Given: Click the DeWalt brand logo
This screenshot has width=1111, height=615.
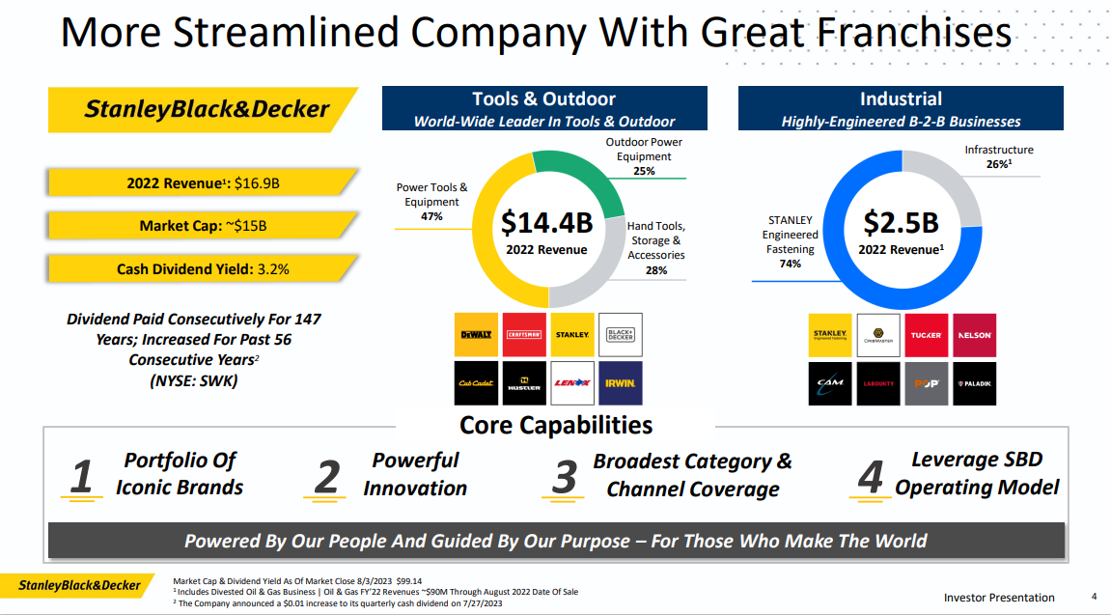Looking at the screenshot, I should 476,334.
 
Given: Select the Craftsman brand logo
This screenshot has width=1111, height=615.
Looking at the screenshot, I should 524,334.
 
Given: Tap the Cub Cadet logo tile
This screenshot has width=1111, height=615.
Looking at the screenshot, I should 476,383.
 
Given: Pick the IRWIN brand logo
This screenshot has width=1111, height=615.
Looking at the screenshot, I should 620,383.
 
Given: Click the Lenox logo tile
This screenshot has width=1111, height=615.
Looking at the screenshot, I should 572,383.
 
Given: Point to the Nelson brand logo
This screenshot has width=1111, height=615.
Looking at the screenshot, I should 975,335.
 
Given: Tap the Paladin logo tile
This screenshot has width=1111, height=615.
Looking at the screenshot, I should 975,383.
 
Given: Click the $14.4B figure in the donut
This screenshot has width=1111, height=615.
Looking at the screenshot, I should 546,223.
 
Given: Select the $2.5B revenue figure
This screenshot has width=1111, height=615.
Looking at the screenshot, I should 901,222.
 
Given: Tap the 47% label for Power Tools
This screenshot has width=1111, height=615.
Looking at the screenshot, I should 431,216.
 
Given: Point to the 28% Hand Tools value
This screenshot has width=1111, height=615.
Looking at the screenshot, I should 656,270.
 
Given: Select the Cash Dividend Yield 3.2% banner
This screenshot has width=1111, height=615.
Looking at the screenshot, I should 203,269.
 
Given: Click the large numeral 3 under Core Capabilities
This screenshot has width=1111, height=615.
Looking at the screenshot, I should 564,477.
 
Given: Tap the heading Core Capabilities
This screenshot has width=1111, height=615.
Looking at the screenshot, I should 556,425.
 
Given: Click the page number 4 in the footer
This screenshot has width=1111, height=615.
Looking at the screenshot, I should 1094,596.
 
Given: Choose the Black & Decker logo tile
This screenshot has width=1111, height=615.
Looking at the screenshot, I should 620,334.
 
